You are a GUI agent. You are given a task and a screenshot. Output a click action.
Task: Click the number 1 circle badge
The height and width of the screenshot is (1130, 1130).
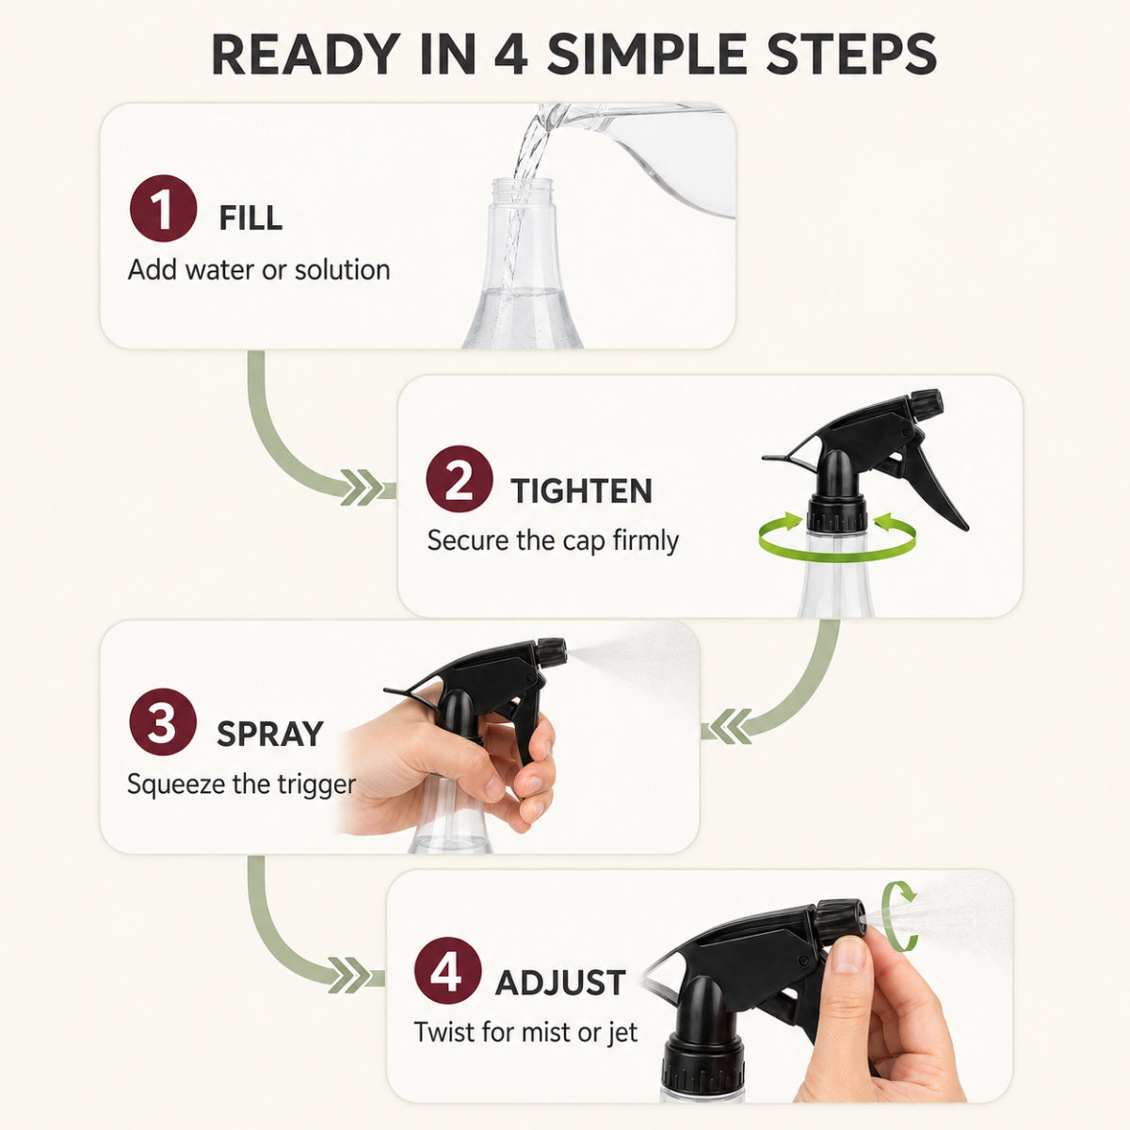163,208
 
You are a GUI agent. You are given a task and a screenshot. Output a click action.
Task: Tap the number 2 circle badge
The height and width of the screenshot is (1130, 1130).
460,479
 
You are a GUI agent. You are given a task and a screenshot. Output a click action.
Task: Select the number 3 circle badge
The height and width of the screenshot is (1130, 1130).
162,722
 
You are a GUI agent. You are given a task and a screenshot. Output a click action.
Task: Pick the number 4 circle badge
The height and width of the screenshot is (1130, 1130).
447,971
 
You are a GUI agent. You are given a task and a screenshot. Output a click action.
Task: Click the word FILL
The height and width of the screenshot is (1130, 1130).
250,218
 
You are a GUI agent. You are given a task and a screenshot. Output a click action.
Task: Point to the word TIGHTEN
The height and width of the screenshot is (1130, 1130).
581,491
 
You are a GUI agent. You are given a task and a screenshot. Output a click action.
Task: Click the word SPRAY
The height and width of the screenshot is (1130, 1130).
269,734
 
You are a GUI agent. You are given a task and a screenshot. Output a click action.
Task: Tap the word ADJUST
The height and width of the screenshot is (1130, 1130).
560,983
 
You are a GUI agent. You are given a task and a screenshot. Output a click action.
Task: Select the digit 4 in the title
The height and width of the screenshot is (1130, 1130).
511,54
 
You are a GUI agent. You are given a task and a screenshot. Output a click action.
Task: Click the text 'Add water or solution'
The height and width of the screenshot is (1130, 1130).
259,269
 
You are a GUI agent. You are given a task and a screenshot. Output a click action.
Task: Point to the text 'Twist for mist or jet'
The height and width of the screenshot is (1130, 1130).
525,1033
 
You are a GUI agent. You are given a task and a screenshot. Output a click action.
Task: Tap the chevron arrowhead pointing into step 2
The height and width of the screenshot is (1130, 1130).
362,487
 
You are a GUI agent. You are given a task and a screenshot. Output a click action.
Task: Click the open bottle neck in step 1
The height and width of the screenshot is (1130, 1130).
523,195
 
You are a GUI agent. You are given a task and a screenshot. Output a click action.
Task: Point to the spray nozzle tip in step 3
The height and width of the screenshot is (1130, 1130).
551,652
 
